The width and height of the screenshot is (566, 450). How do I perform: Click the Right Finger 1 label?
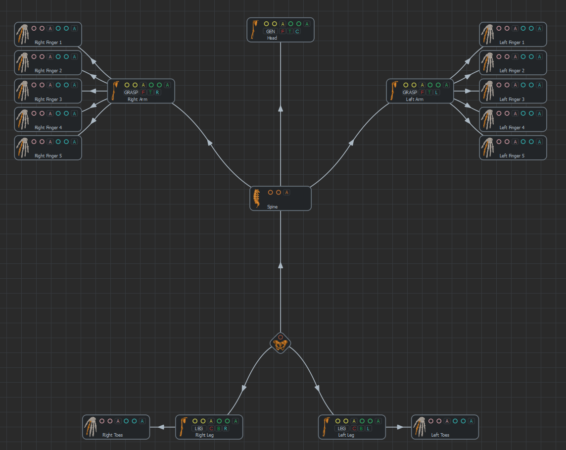(x=48, y=43)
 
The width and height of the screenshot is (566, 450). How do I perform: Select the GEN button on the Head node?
(x=271, y=32)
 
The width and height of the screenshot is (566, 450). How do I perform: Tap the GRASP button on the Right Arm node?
(x=131, y=93)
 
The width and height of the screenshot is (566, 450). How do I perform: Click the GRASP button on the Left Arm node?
(x=410, y=93)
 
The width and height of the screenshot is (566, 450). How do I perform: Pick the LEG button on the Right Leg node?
(x=199, y=429)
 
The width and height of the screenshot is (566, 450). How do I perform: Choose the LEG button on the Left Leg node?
(x=341, y=429)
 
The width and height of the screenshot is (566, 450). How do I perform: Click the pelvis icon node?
(x=281, y=344)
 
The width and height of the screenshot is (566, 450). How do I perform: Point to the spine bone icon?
(x=257, y=198)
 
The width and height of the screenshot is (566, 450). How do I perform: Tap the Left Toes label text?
(x=440, y=435)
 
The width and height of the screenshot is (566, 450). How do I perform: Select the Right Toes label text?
(x=112, y=435)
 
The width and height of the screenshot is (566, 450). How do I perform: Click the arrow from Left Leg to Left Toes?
(x=401, y=427)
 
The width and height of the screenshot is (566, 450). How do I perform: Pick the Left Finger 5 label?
(x=512, y=156)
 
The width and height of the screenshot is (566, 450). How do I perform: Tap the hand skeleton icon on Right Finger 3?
(x=22, y=91)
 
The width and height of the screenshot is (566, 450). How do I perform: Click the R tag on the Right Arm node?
(x=157, y=93)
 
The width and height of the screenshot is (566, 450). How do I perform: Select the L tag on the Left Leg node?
(x=368, y=429)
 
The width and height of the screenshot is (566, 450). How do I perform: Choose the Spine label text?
(x=272, y=207)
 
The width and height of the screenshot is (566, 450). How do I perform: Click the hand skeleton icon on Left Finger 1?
(x=487, y=34)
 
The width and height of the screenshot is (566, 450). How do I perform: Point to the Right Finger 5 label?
(x=48, y=156)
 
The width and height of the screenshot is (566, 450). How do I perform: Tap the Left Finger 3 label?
(x=512, y=100)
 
